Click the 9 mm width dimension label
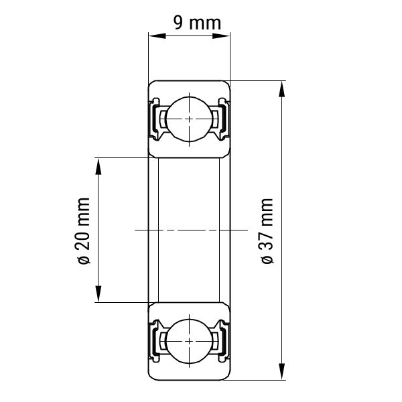coord(197,23)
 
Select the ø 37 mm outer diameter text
coord(267,230)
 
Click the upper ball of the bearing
coord(189,119)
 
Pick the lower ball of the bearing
coord(189,341)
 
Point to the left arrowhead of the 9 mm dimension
coord(157,36)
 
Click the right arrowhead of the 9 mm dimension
coord(221,36)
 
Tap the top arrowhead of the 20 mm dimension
coord(98,166)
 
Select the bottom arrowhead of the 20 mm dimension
coord(98,294)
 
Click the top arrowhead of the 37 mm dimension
coord(282,89)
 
